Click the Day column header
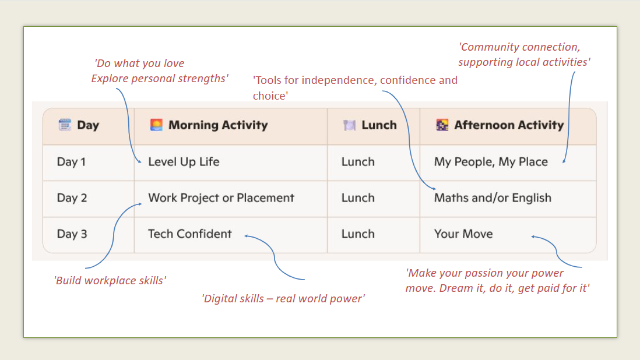pos(88,125)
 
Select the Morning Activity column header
pos(218,125)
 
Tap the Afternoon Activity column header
pos(509,125)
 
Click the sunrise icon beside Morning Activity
pos(156,125)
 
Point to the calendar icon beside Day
pos(65,125)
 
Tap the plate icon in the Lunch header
pos(349,125)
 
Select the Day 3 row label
pos(72,234)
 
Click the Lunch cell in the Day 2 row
pos(358,197)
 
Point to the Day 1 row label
pos(72,162)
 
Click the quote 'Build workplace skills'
pos(110,281)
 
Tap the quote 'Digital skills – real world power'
pos(283,298)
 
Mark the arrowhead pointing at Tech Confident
pos(247,236)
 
